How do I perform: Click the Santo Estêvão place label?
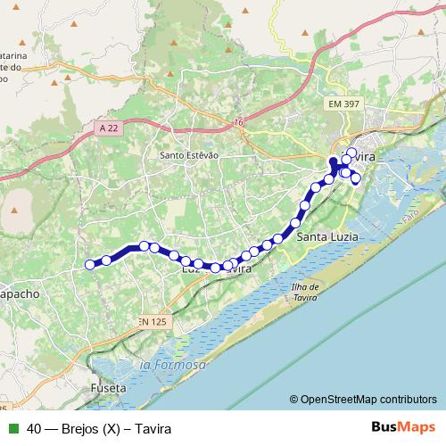[188, 154]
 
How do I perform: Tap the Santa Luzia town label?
[323, 236]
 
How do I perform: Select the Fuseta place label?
[109, 389]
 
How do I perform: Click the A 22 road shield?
[109, 128]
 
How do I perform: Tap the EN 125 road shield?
[153, 320]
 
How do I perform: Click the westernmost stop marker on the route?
[89, 263]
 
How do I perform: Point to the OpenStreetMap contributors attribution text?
[368, 399]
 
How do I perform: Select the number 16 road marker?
[239, 122]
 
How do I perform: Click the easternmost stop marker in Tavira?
[356, 179]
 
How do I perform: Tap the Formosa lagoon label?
[172, 366]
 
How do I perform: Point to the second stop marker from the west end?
[106, 260]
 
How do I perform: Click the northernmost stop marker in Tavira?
[351, 153]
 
